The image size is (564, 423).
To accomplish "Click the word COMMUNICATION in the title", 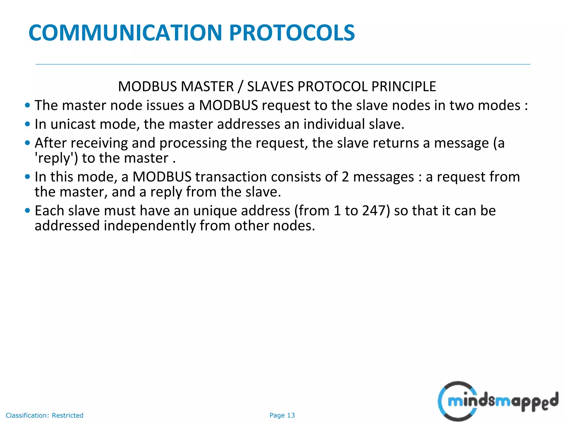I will [125, 33].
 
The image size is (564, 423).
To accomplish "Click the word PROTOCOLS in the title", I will [292, 33].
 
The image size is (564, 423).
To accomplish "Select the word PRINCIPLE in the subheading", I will [403, 86].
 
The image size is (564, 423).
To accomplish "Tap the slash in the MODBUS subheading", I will [240, 86].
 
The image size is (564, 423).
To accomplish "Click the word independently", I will [150, 226].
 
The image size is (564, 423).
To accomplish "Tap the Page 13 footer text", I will [282, 415].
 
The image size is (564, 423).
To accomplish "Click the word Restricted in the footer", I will [67, 415].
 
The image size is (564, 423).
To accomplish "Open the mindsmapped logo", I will [498, 401].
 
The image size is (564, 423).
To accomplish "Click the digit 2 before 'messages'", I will [345, 177].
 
